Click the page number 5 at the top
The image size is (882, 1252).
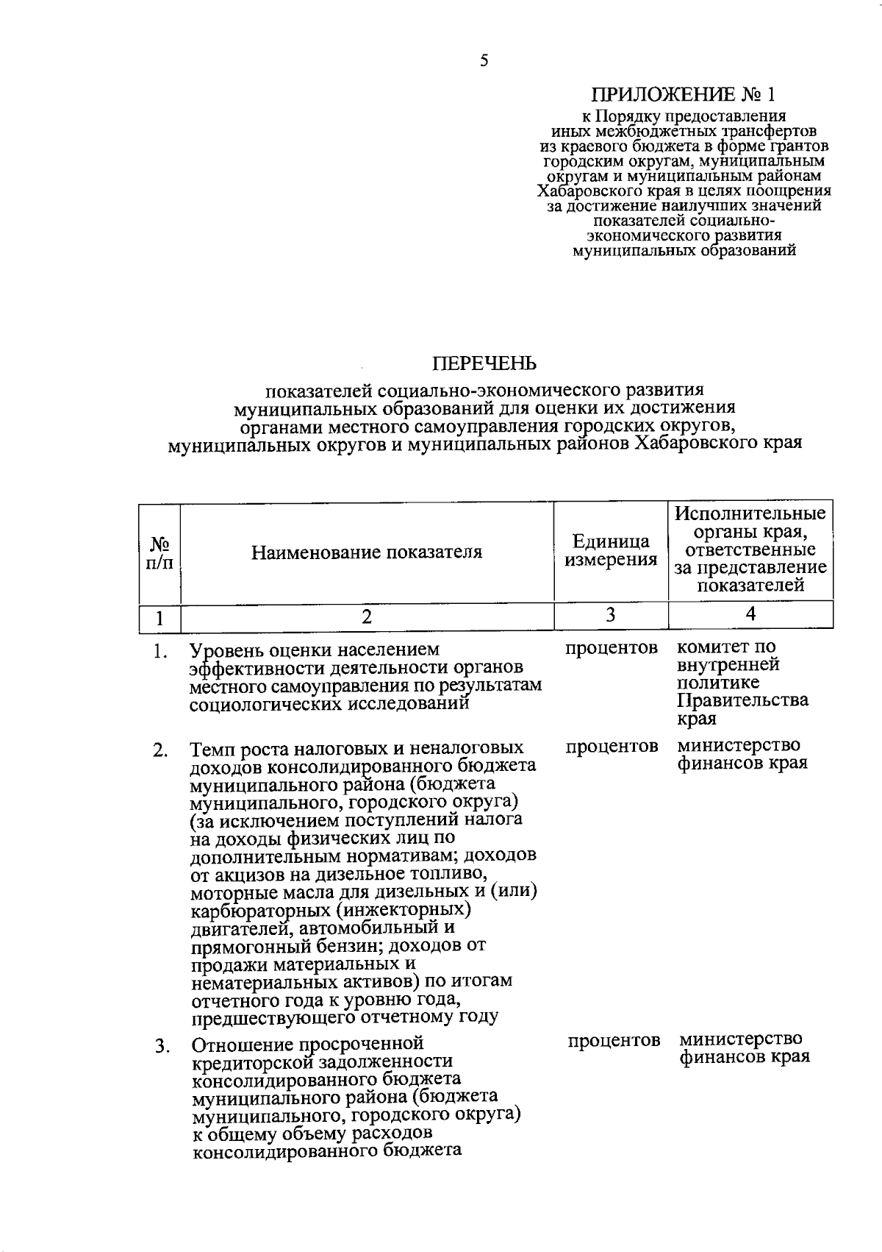(484, 61)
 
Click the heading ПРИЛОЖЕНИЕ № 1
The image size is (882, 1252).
(684, 95)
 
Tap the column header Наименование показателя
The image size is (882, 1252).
(367, 552)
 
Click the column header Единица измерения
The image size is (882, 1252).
(610, 551)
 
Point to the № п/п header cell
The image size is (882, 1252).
(159, 552)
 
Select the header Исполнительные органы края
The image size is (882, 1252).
(750, 522)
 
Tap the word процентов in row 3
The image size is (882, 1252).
(614, 1040)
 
